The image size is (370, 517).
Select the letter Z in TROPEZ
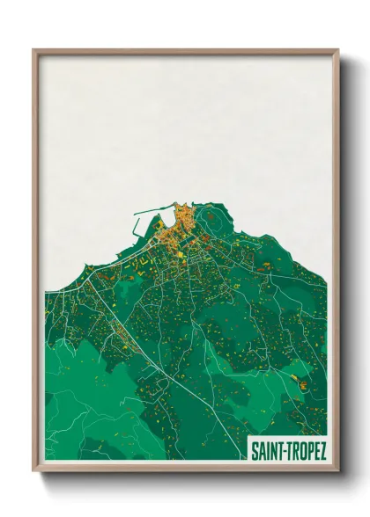click(323, 452)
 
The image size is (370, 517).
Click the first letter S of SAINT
click(255, 452)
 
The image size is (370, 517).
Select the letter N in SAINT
click(273, 452)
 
